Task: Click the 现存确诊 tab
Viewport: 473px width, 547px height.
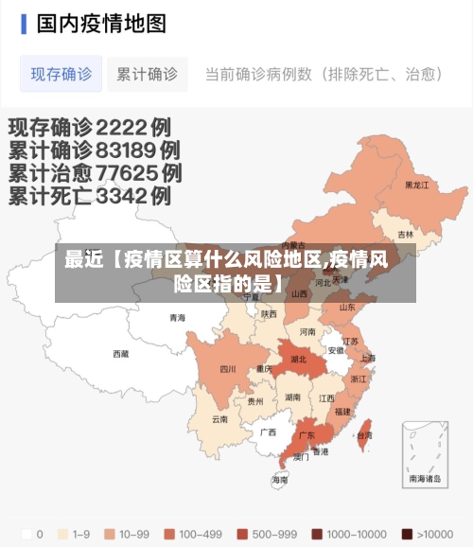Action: (61, 74)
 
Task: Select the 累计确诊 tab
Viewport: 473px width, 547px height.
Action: (147, 74)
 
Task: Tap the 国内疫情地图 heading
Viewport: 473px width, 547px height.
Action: (101, 23)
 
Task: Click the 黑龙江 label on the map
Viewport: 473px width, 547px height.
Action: (417, 185)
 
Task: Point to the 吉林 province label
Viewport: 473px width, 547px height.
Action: (405, 234)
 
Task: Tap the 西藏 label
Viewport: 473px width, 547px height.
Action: (121, 354)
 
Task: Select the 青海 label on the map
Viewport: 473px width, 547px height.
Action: (177, 318)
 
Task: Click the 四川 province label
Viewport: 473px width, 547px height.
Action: (228, 369)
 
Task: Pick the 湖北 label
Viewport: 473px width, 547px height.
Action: (298, 360)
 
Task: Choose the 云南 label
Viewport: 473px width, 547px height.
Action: (219, 418)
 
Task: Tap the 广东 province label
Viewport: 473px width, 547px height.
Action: (307, 436)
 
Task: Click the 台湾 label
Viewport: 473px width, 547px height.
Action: (364, 435)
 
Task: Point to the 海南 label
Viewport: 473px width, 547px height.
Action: (280, 480)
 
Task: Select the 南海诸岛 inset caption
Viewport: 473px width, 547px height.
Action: (425, 480)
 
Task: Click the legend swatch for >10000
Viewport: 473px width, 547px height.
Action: (407, 534)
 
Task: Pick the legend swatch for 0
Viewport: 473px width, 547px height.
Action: (26, 534)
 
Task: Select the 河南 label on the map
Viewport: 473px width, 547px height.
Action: (307, 332)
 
